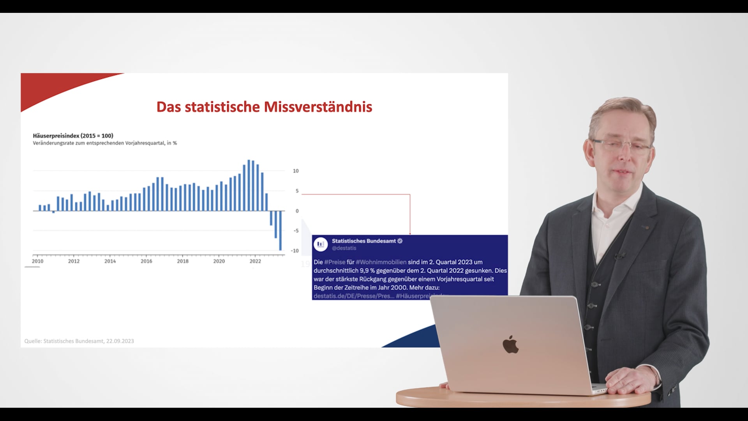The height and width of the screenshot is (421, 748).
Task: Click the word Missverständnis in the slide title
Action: click(x=318, y=107)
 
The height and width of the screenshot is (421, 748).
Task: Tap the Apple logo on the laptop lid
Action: click(x=510, y=344)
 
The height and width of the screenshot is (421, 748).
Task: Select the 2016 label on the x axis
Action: click(x=146, y=261)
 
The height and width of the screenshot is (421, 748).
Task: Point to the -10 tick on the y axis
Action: click(x=295, y=251)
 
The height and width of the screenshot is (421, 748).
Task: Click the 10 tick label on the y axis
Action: click(x=296, y=171)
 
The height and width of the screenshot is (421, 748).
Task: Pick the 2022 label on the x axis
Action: click(x=255, y=261)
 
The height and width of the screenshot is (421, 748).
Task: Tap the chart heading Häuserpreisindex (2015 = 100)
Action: click(x=73, y=136)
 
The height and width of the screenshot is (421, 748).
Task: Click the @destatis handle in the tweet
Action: click(x=344, y=248)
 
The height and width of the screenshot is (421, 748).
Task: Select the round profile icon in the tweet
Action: click(x=321, y=244)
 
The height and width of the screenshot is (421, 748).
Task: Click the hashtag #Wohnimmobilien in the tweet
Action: click(x=381, y=262)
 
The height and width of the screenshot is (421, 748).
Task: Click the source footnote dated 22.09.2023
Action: click(x=79, y=341)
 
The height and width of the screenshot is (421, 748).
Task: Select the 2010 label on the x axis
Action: click(x=37, y=261)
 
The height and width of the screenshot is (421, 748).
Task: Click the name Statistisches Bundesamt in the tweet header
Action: click(x=363, y=241)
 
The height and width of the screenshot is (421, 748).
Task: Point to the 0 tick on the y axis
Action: click(x=297, y=211)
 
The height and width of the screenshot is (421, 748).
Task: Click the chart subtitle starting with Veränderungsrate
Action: click(x=105, y=143)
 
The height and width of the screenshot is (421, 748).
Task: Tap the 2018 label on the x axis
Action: click(x=183, y=261)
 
